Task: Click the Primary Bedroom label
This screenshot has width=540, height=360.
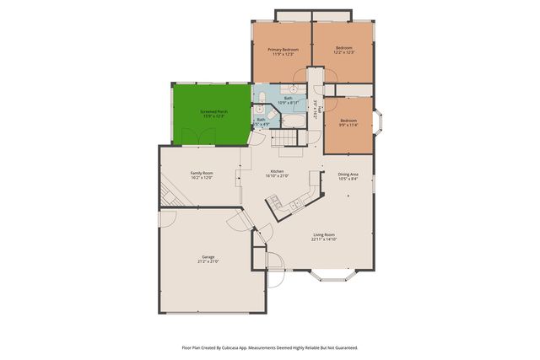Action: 283,51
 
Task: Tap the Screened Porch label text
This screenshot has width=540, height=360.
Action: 213,114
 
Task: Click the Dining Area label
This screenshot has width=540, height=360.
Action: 348,176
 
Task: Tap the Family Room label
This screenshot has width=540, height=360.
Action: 201,175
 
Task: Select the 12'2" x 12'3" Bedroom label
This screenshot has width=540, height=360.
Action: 343,51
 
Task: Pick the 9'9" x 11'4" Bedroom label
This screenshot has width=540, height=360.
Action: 348,123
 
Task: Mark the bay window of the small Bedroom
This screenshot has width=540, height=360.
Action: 380,125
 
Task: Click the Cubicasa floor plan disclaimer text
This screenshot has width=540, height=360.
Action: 270,347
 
